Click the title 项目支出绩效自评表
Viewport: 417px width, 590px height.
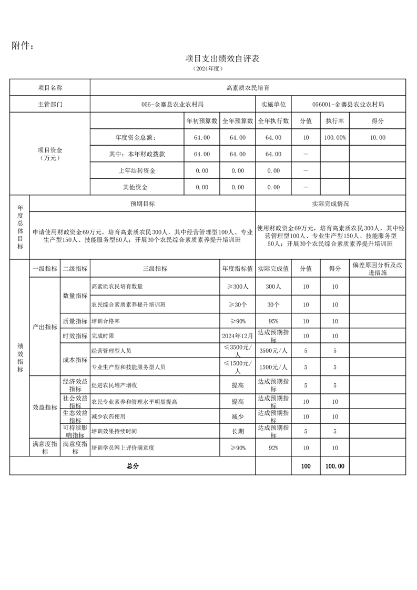222,58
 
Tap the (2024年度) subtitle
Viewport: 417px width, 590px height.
209,69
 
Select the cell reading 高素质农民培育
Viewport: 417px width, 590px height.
248,88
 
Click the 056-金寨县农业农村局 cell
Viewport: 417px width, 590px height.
172,104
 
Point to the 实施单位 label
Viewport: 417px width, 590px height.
273,104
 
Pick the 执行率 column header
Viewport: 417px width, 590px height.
334,121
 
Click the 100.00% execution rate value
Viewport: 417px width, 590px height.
334,137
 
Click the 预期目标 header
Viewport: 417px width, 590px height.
143,204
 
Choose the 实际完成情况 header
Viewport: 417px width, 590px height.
331,204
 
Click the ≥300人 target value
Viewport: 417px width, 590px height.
238,287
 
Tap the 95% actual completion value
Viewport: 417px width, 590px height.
273,321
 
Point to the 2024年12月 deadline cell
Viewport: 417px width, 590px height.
238,335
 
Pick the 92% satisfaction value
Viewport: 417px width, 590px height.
273,448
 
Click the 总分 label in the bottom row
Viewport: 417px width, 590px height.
133,466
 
